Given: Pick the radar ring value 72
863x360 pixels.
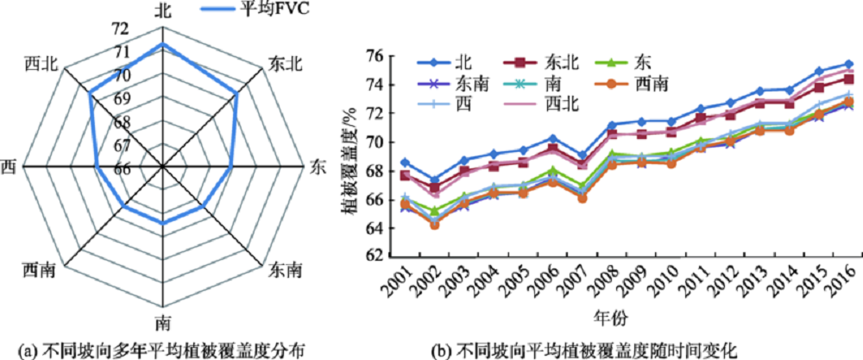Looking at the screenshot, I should [x=120, y=28].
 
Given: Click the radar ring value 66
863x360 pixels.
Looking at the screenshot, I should [x=122, y=167].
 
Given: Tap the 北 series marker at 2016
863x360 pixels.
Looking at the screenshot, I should [x=847, y=64].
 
